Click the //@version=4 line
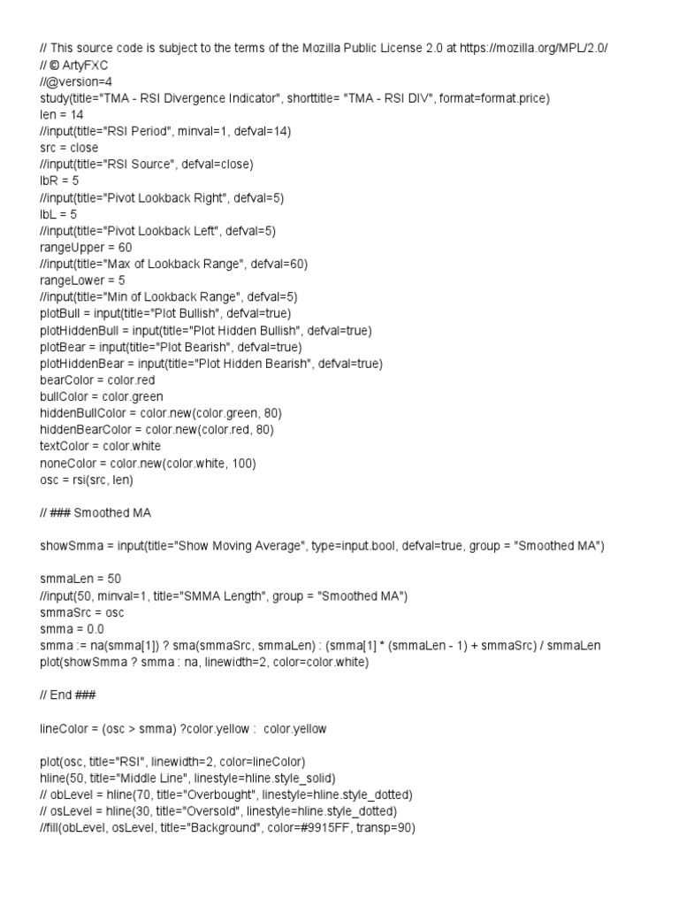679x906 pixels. click(76, 81)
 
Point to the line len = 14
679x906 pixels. click(61, 115)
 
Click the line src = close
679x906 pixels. click(69, 148)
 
